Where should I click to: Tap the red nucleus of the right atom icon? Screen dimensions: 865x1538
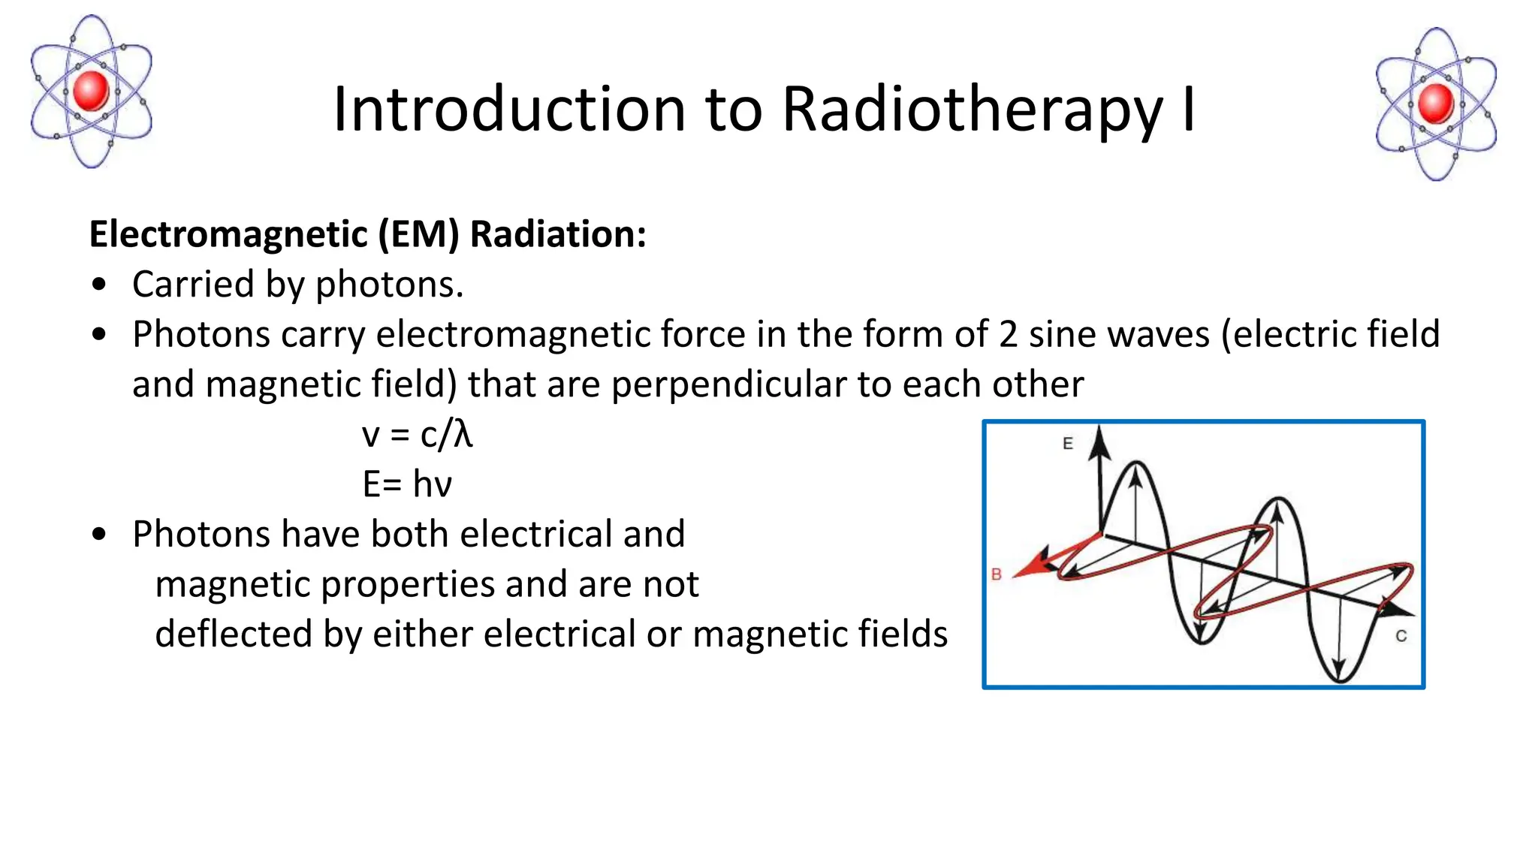click(1436, 104)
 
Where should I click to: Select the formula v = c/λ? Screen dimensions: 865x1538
click(417, 435)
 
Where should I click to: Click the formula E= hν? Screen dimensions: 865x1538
click(407, 484)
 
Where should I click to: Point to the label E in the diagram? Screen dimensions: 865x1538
click(1067, 444)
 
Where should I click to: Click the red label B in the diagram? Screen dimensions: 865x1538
click(997, 574)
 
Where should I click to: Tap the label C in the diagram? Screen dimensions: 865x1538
click(1401, 636)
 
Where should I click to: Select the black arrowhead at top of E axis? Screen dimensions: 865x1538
click(1100, 443)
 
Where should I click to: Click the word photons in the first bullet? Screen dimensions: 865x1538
click(389, 285)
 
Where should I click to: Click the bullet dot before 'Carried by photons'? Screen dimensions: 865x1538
click(99, 285)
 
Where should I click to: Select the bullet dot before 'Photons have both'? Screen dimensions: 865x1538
click(99, 535)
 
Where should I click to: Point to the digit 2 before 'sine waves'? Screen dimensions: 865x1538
click(1008, 334)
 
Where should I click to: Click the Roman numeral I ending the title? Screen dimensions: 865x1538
click(1188, 110)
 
